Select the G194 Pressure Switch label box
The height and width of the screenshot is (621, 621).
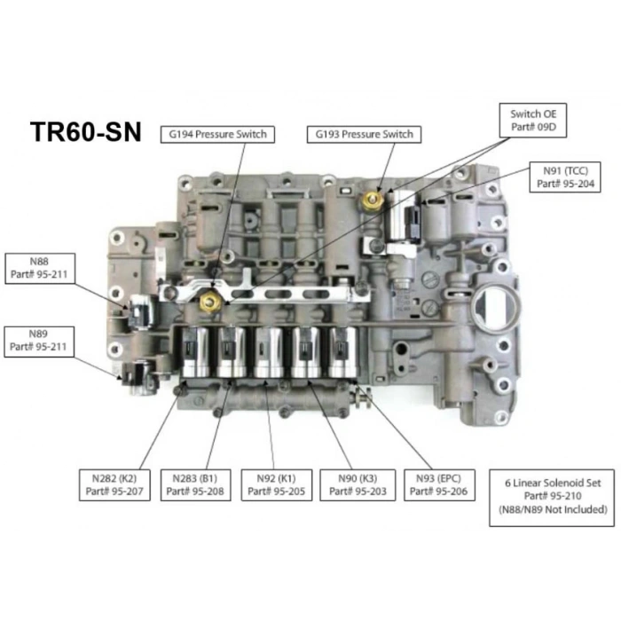click(x=215, y=135)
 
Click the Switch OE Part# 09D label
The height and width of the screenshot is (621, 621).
click(x=532, y=120)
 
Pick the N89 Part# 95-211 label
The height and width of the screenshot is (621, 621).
click(x=38, y=340)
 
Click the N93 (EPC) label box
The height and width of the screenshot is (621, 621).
click(x=438, y=483)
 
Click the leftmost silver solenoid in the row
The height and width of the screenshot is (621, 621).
click(x=195, y=352)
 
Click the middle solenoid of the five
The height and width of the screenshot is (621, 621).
click(x=269, y=352)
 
